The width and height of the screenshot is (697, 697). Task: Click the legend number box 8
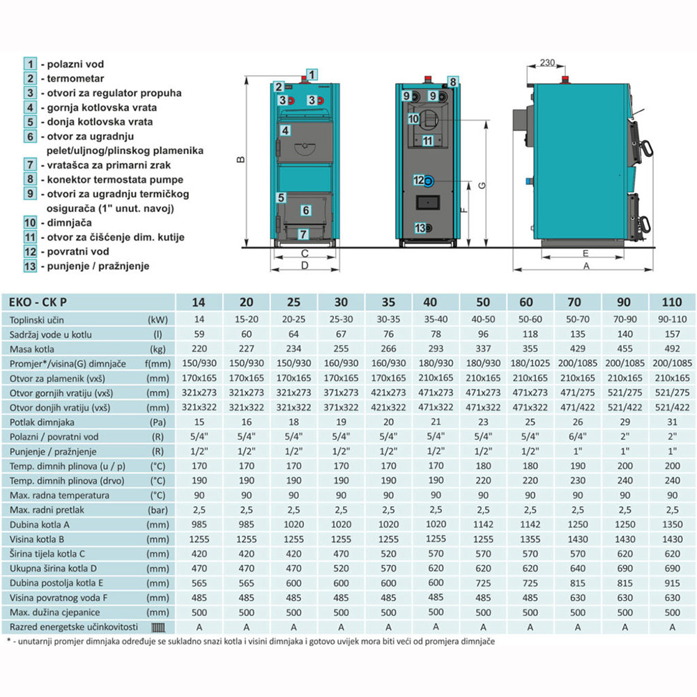point(30,179)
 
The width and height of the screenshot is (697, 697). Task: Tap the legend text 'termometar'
point(75,79)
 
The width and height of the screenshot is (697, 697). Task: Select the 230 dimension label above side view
point(547,63)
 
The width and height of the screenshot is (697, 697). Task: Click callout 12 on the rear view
point(419,180)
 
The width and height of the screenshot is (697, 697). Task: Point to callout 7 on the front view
point(303,234)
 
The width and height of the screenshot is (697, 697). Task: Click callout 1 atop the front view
point(312,75)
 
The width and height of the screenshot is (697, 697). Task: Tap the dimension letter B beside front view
point(241,160)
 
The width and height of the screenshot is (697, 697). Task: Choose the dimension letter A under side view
point(586,266)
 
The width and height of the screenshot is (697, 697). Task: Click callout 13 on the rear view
point(420,228)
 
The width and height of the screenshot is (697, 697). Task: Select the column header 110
point(672,302)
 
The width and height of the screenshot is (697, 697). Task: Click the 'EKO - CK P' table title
point(38,302)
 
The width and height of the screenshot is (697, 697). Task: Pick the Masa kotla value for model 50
point(483,349)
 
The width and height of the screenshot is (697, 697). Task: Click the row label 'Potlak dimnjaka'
point(42,422)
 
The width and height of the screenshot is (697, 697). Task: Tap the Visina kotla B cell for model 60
point(530,539)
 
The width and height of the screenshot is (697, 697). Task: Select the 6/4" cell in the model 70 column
point(577,436)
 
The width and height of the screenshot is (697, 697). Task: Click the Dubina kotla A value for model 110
point(672,525)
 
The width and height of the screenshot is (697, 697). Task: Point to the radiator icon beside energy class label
point(158,628)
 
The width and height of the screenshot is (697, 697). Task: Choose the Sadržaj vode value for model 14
point(199,335)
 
